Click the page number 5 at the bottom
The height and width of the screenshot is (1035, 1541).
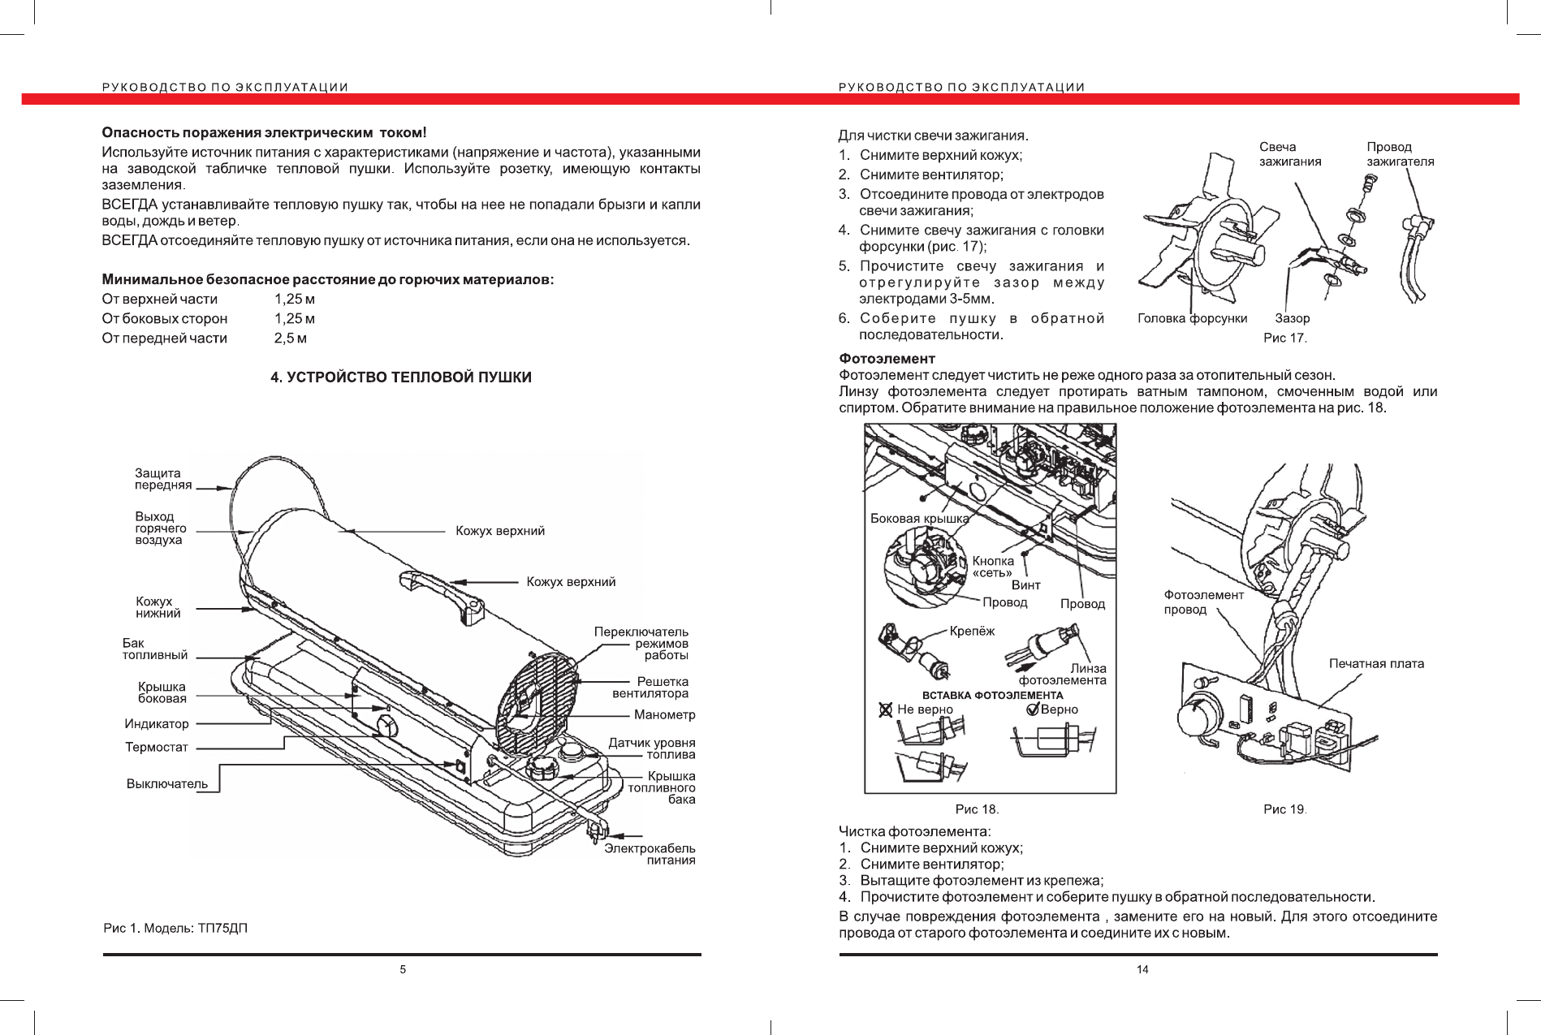coord(403,969)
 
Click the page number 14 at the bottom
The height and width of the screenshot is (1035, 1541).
coord(1142,969)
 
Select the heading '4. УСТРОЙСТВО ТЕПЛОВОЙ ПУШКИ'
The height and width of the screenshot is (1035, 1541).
coord(401,377)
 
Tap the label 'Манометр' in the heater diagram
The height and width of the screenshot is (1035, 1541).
coord(664,715)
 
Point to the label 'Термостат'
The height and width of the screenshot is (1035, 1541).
coord(157,748)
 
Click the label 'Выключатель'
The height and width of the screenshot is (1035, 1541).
coord(167,784)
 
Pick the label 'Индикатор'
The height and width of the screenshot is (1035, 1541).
coord(157,724)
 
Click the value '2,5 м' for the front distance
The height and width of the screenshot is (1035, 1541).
coord(291,339)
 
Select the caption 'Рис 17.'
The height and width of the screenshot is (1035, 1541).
coord(1284,338)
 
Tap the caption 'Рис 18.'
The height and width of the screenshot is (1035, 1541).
coord(977,809)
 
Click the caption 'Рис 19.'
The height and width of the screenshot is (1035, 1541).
coord(1284,809)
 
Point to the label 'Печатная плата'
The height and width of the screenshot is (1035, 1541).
coord(1376,664)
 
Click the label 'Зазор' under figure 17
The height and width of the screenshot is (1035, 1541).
coord(1293,318)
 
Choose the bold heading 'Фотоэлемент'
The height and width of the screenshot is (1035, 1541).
coord(887,359)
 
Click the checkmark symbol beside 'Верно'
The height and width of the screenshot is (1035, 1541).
coord(1034,709)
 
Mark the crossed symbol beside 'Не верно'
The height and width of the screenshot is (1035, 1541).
coord(886,709)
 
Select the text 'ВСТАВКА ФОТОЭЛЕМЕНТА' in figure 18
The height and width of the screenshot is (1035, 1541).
coord(992,696)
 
